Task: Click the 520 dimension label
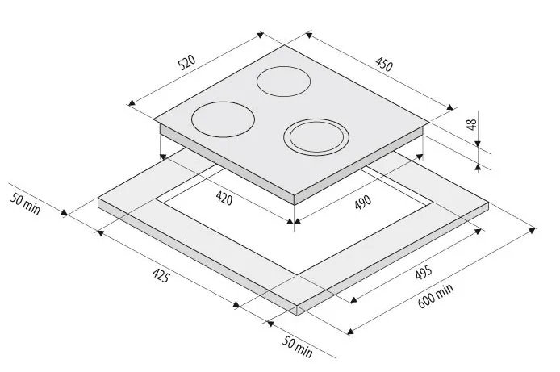click(186, 62)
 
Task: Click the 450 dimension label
click(384, 65)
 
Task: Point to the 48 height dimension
click(472, 124)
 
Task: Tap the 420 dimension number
click(224, 199)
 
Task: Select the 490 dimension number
click(363, 202)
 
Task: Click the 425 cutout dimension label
click(161, 275)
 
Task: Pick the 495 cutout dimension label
click(424, 272)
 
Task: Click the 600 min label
click(436, 295)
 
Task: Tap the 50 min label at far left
click(25, 204)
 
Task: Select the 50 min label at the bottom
click(297, 347)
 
